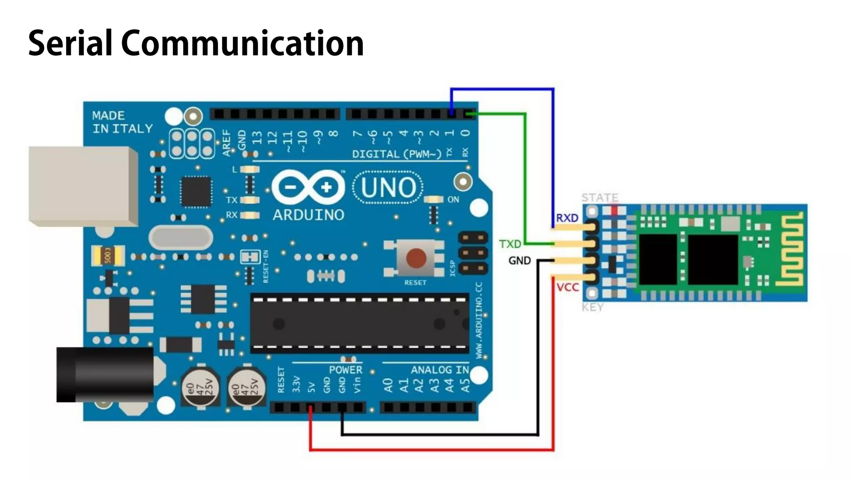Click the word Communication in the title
(x=242, y=43)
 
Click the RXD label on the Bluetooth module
(x=567, y=218)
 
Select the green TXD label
(x=510, y=244)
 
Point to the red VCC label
(x=567, y=287)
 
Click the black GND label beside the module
(x=519, y=261)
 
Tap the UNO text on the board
(x=388, y=188)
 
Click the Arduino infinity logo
(x=308, y=187)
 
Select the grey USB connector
(x=83, y=186)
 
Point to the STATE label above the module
(x=599, y=197)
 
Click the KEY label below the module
(x=592, y=307)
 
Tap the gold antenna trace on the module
(x=792, y=250)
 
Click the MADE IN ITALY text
(x=122, y=122)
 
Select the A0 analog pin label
(x=388, y=385)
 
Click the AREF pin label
(x=227, y=142)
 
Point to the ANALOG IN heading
(x=439, y=370)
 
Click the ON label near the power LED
(x=453, y=200)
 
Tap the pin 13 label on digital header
(x=257, y=137)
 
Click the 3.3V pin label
(x=296, y=384)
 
